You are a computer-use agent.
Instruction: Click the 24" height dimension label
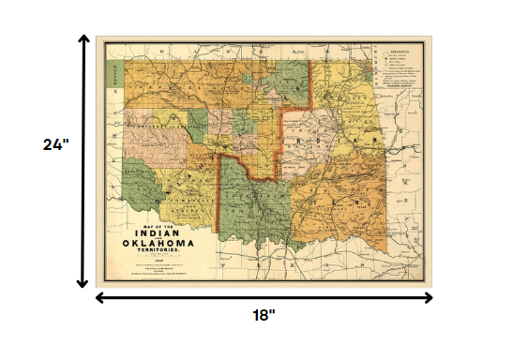[x=56, y=145]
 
